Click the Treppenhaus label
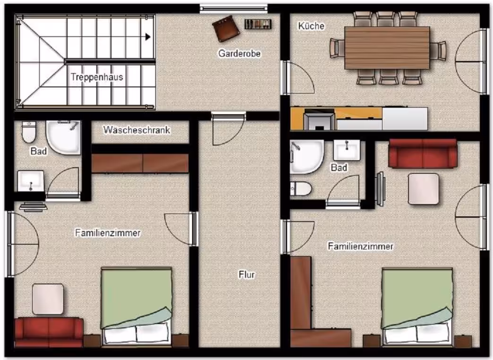coord(97,77)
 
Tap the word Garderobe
coord(239,53)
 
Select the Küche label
coord(311,26)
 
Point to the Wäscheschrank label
coord(137,130)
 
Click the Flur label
coord(246,274)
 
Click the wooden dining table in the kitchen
coord(387,48)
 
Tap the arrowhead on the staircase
coord(148,37)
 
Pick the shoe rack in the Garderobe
coord(258,24)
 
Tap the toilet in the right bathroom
coord(301,189)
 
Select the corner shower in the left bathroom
coord(63,137)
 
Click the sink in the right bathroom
coord(347,150)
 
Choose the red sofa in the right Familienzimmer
coord(423,154)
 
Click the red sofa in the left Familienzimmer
coord(49,332)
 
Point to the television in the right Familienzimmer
coord(381,189)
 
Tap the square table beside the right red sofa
coord(424,189)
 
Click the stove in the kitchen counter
coord(319,119)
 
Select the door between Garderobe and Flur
coord(229,129)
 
